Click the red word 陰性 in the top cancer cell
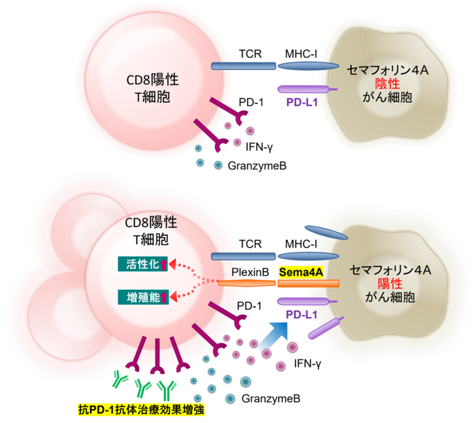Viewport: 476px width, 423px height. point(390,83)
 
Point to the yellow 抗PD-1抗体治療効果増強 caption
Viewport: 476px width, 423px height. point(142,410)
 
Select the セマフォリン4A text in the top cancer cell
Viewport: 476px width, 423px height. point(389,70)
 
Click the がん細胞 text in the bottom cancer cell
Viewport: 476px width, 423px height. point(390,297)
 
